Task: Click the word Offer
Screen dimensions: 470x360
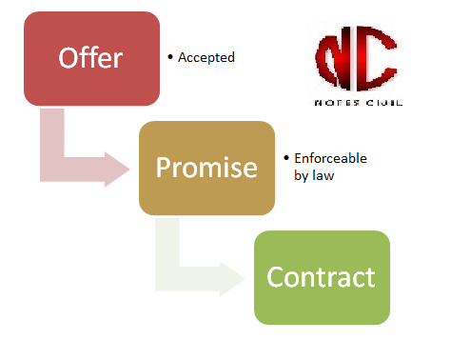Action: (91, 58)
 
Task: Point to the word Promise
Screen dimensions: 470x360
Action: (206, 169)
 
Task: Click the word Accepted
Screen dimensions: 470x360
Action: (206, 58)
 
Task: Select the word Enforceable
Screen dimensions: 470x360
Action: (330, 159)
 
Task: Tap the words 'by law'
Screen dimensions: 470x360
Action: (315, 175)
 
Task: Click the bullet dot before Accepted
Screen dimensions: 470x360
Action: (170, 57)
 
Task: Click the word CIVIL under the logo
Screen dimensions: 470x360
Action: (376, 102)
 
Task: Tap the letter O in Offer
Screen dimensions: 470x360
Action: (69, 58)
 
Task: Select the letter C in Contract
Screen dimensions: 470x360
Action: (275, 278)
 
